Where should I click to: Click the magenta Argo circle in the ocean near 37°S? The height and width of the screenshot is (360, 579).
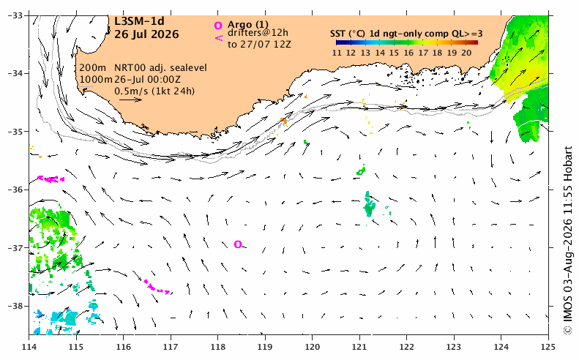(238, 244)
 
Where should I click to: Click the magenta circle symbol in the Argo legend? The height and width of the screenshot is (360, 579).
(218, 26)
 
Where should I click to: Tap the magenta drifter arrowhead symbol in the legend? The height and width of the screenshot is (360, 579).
(219, 37)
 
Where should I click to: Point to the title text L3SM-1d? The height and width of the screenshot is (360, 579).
(139, 21)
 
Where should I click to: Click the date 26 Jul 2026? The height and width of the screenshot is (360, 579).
(146, 34)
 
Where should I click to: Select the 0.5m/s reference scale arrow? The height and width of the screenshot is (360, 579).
(130, 100)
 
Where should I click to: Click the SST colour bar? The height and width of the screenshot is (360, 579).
(406, 42)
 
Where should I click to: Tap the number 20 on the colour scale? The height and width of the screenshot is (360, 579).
(466, 53)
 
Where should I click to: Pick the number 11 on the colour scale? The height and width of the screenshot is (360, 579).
(337, 53)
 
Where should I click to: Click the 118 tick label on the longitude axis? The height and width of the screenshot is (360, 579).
(218, 347)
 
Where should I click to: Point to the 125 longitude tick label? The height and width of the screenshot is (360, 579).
(548, 347)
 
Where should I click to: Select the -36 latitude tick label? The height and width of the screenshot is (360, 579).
(15, 190)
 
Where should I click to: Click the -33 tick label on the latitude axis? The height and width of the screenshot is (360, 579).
(15, 15)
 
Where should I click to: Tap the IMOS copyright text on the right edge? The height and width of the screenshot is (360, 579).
(568, 241)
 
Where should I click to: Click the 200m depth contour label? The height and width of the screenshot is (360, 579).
(93, 68)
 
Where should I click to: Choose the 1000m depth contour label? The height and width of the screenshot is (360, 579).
(96, 79)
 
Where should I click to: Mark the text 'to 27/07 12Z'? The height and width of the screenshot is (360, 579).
(259, 45)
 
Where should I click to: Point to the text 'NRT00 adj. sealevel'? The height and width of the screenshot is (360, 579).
(160, 68)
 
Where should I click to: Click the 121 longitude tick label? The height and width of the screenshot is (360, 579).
(359, 347)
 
